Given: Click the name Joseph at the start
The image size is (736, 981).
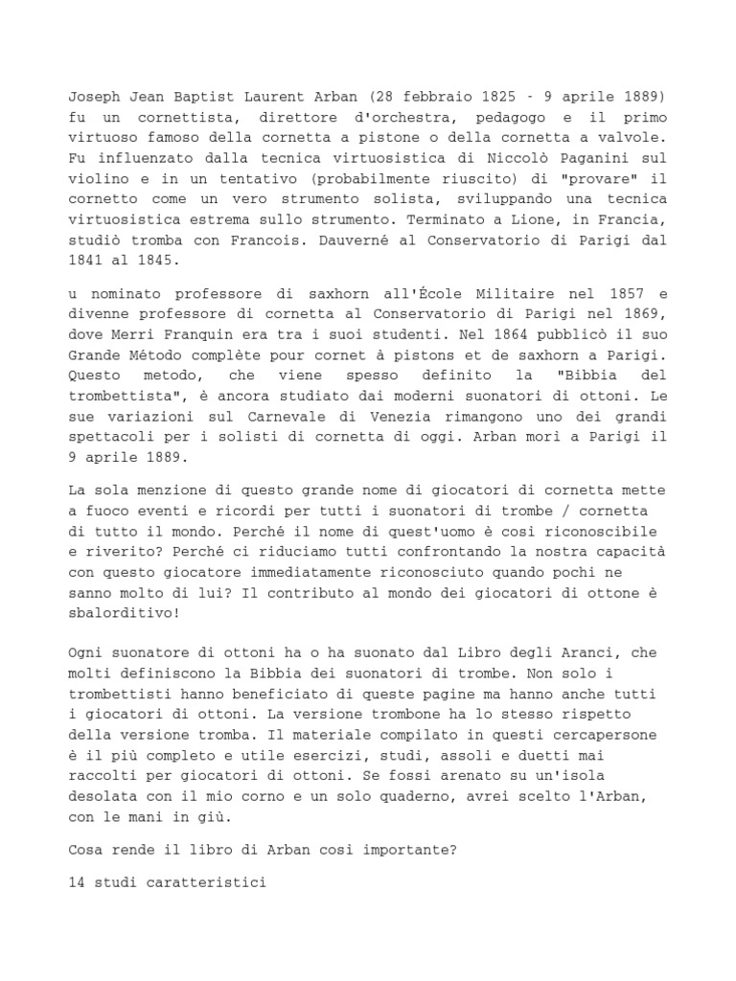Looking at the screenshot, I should pyautogui.click(x=92, y=98).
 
